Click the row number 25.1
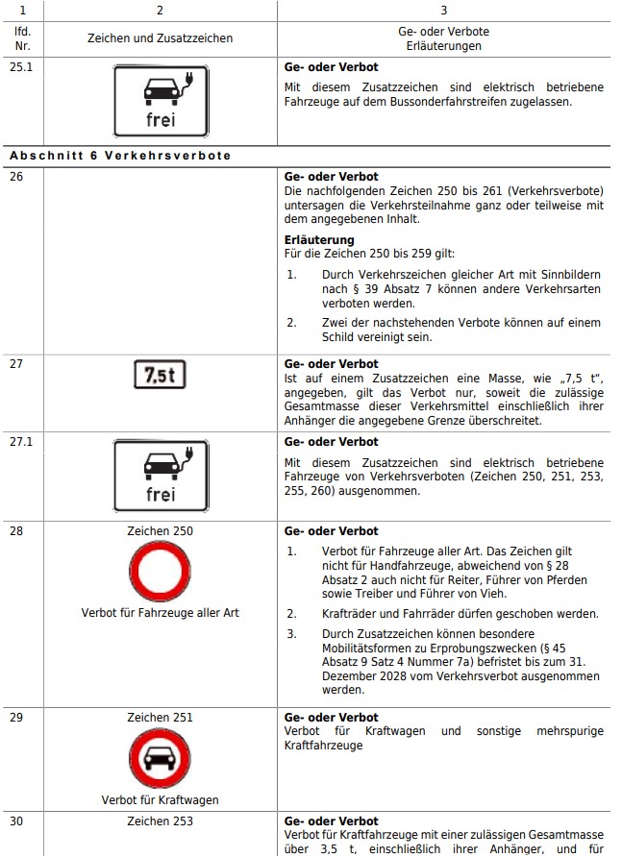point(20,68)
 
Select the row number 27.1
point(20,442)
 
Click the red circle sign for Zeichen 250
point(160,573)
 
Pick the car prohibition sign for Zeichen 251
point(160,758)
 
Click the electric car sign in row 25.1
point(160,100)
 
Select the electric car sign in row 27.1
point(160,475)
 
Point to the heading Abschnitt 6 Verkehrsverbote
point(120,156)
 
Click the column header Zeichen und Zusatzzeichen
point(160,38)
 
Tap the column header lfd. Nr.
point(21,38)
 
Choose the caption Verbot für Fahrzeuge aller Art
point(160,613)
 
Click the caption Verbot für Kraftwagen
point(160,800)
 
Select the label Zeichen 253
point(160,821)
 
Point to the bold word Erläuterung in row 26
point(319,240)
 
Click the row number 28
point(16,531)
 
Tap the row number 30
point(16,821)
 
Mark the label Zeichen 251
point(160,718)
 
